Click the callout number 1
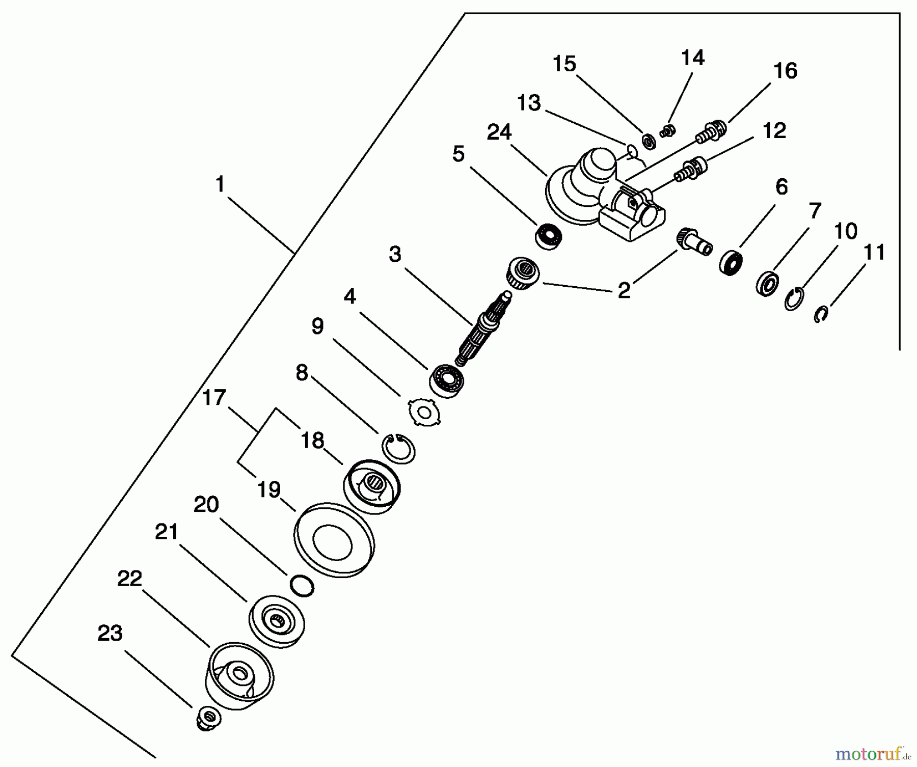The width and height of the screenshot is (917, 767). [220, 184]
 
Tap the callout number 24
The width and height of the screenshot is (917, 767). [499, 132]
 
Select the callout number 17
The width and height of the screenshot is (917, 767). [214, 397]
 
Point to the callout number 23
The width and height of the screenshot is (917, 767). [110, 634]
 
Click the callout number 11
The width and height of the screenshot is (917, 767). [875, 253]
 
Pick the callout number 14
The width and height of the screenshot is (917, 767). [693, 58]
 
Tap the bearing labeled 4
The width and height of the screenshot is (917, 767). [447, 380]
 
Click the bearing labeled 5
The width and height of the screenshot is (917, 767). [549, 236]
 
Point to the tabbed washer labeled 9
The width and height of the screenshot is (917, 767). [424, 412]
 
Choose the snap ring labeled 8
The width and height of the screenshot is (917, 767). [399, 448]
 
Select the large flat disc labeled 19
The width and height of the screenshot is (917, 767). [334, 540]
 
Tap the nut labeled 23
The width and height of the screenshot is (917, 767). [208, 719]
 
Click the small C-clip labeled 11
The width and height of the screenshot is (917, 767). [821, 314]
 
